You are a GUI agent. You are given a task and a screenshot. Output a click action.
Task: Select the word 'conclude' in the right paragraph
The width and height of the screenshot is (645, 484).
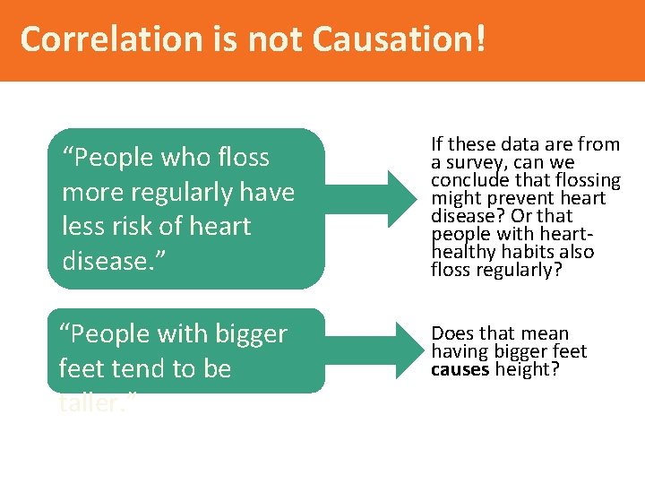(x=466, y=180)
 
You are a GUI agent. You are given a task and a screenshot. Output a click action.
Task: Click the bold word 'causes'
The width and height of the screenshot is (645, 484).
(x=460, y=368)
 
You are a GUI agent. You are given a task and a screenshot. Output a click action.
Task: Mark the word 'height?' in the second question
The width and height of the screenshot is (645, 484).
(x=522, y=368)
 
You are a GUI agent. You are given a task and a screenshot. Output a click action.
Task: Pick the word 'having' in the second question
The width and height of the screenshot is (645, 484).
(x=460, y=351)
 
